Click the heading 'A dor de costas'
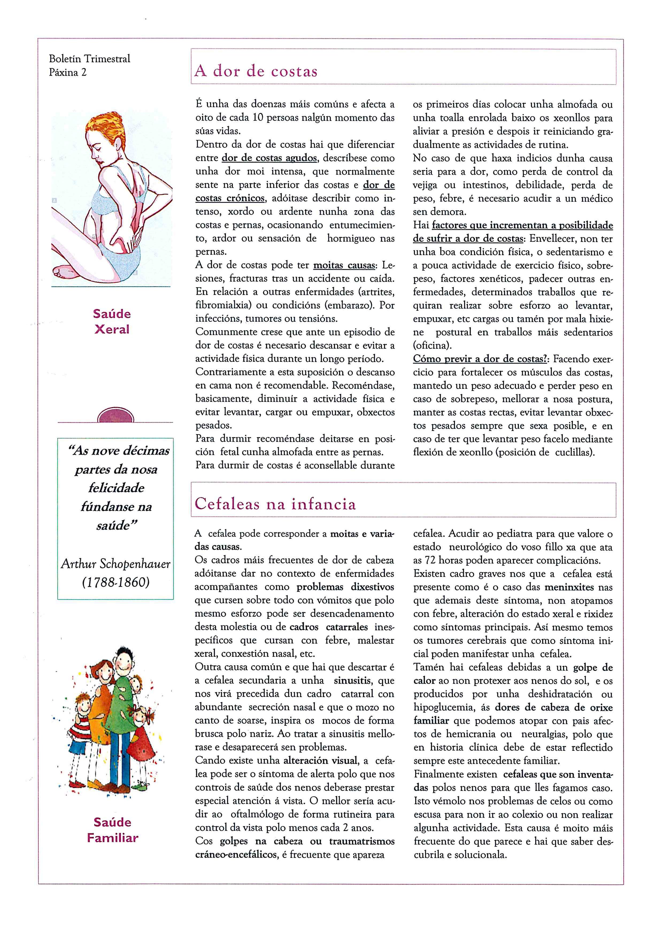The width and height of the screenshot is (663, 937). [x=256, y=71]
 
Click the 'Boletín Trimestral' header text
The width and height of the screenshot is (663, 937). [x=89, y=59]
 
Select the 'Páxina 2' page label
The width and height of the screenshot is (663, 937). [x=68, y=72]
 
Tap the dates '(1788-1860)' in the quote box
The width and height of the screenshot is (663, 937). [x=115, y=582]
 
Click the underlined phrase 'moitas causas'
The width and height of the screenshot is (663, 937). [x=344, y=265]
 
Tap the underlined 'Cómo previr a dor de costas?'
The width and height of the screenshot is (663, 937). [x=480, y=359]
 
